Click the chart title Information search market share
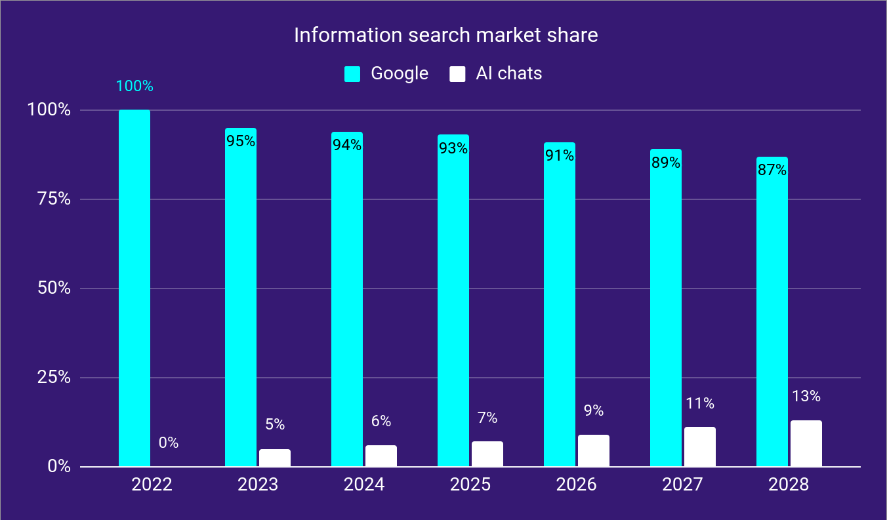click(x=445, y=35)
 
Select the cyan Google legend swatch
click(x=353, y=74)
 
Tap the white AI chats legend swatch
click(x=457, y=74)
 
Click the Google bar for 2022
click(x=134, y=289)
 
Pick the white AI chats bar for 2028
click(x=806, y=444)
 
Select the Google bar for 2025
click(x=453, y=302)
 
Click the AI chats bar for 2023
click(x=275, y=458)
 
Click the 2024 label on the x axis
click(x=364, y=485)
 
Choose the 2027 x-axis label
click(x=683, y=485)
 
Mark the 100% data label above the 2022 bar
click(x=134, y=87)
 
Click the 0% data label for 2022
click(x=169, y=443)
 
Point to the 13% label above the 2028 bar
click(x=806, y=397)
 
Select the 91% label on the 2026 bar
click(x=560, y=156)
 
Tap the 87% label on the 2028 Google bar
click(x=772, y=170)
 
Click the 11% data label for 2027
click(x=700, y=404)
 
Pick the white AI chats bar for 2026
click(x=594, y=450)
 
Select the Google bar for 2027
click(x=666, y=308)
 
